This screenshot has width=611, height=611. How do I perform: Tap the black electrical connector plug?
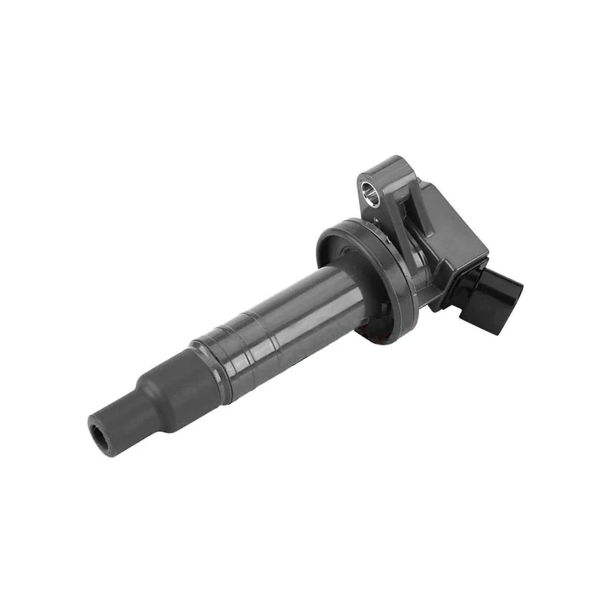(x=496, y=299)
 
